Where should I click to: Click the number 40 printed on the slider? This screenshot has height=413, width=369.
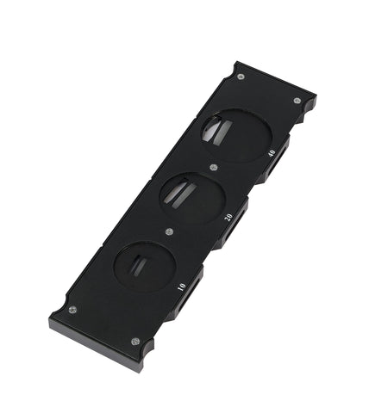point(272,153)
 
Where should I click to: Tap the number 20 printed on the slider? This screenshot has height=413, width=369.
point(228,218)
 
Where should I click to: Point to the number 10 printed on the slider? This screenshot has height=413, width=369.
point(181,287)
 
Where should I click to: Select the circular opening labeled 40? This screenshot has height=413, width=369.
point(236,135)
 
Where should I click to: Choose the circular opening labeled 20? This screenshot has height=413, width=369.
point(191,198)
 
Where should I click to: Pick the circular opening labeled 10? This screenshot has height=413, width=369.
point(145,266)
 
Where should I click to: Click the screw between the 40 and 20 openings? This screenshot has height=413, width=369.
point(213,168)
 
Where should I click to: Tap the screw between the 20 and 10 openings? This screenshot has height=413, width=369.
point(170,231)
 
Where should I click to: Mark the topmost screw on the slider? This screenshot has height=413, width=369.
point(241,77)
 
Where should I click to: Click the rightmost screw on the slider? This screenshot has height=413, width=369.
point(297,101)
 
